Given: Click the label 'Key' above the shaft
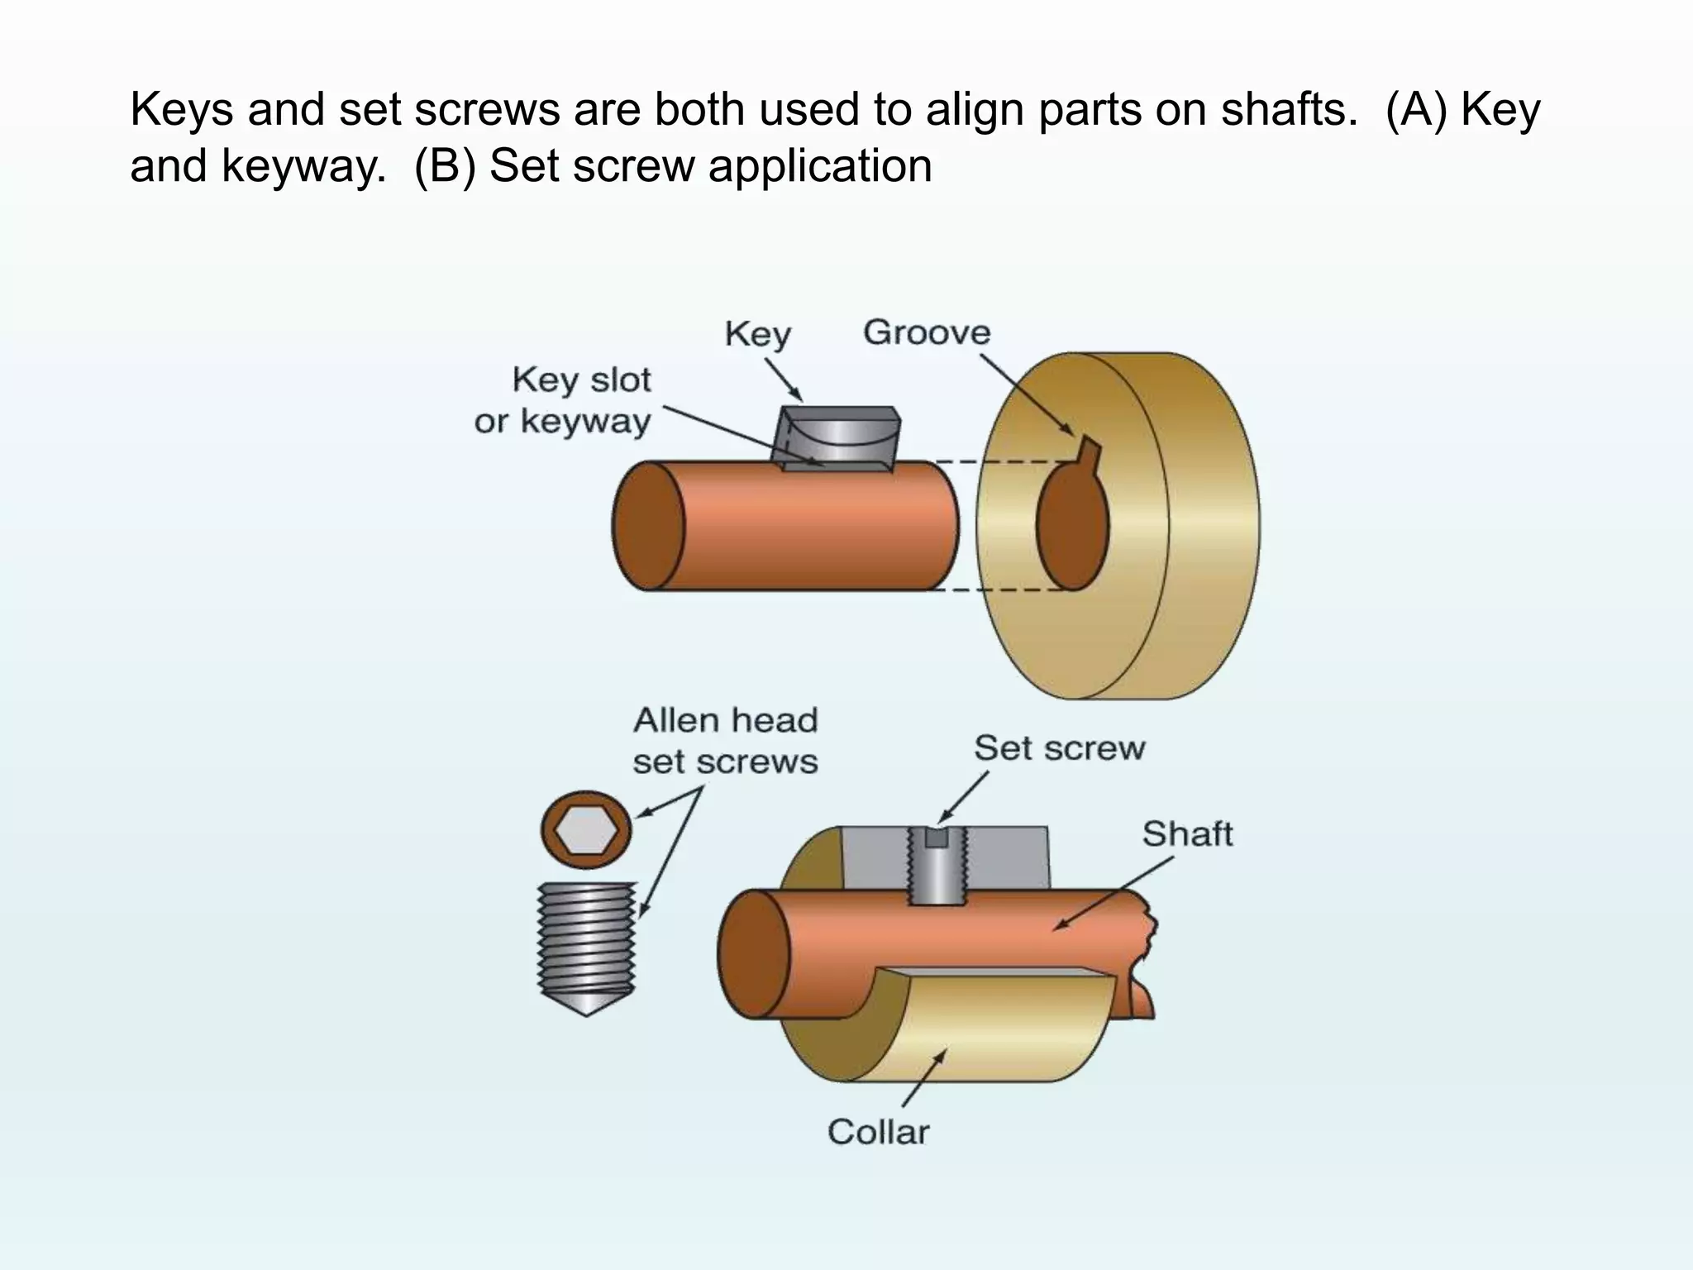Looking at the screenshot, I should click(x=757, y=335).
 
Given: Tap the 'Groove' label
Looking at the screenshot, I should click(x=926, y=332).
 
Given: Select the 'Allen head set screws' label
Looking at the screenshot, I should click(x=724, y=741).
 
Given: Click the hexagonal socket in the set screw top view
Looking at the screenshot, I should click(x=585, y=830).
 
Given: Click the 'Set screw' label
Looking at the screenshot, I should click(x=1059, y=748).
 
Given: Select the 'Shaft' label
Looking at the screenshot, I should click(x=1187, y=833).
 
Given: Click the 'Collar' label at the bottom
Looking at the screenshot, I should click(x=878, y=1132).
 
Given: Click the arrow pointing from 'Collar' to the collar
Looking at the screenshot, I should click(x=924, y=1078).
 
